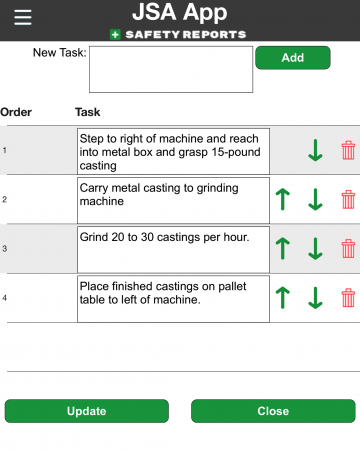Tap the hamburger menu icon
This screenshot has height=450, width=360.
pyautogui.click(x=22, y=17)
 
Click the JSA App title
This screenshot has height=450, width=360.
pyautogui.click(x=180, y=13)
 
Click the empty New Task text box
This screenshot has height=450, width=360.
pyautogui.click(x=170, y=69)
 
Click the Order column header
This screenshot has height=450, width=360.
pyautogui.click(x=16, y=112)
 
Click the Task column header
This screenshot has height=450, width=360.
pyautogui.click(x=87, y=112)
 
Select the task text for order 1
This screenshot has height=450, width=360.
pyautogui.click(x=173, y=150)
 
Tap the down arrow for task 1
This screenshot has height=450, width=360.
pyautogui.click(x=315, y=151)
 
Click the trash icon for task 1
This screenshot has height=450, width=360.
pyautogui.click(x=348, y=151)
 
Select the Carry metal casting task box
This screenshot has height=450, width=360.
pyautogui.click(x=173, y=199)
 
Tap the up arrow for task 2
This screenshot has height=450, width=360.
pyautogui.click(x=282, y=199)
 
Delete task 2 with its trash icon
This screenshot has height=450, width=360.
pyautogui.click(x=348, y=199)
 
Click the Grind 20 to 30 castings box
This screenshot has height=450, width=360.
pyautogui.click(x=173, y=248)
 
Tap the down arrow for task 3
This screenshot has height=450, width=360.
pyautogui.click(x=315, y=248)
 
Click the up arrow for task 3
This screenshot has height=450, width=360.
pyautogui.click(x=282, y=248)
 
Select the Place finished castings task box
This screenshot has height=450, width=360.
pyautogui.click(x=173, y=298)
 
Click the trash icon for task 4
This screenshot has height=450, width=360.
pyautogui.click(x=348, y=298)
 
